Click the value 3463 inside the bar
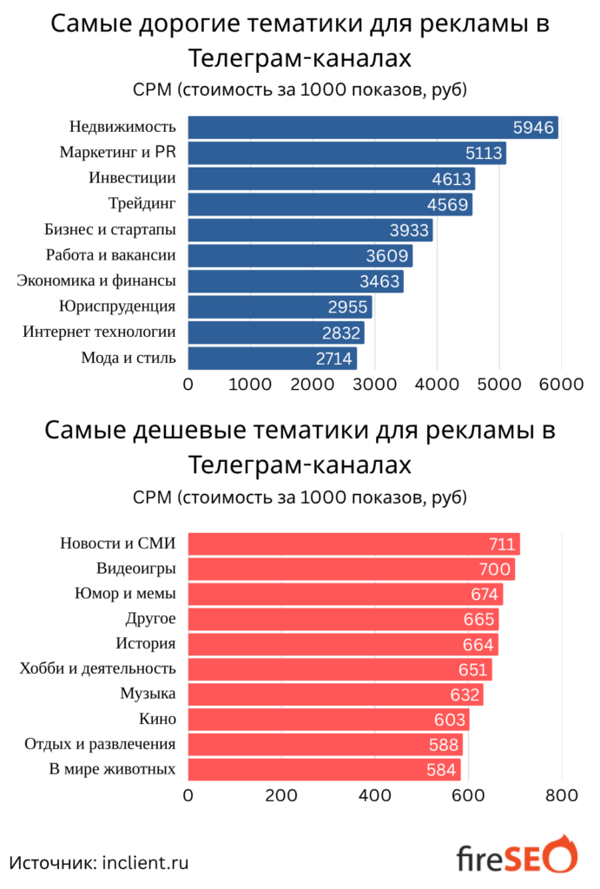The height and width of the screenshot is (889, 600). coord(380,281)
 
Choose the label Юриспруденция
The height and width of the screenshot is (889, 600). coord(117,306)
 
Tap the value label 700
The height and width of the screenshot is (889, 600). coord(496,570)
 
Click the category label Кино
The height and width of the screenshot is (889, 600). coord(157,719)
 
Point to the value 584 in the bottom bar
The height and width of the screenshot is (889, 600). coord(441,770)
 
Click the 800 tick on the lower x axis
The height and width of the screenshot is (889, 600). coord(561,795)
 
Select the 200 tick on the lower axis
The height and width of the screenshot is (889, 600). coord(281,795)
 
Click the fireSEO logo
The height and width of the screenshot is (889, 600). coord(516,858)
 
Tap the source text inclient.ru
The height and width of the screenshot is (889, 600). coord(145,862)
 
